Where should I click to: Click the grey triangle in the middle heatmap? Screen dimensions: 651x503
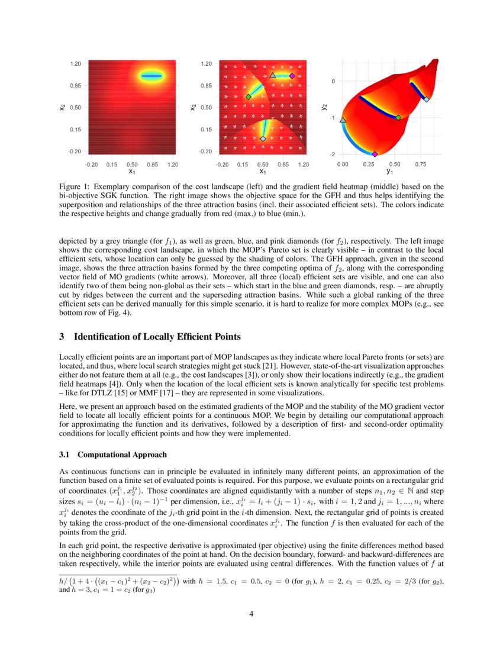tap(272, 76)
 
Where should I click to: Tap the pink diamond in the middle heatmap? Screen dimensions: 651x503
tap(292, 76)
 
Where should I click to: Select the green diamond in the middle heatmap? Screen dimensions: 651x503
tap(249, 96)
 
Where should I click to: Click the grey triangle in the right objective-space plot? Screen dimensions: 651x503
tap(343, 120)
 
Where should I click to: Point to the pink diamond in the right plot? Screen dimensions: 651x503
tap(374, 154)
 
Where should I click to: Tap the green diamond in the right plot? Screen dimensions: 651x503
tap(398, 118)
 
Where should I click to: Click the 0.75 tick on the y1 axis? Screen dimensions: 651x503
tap(422, 163)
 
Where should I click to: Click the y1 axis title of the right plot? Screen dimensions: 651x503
tap(389, 172)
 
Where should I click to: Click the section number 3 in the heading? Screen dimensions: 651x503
tap(62, 337)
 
